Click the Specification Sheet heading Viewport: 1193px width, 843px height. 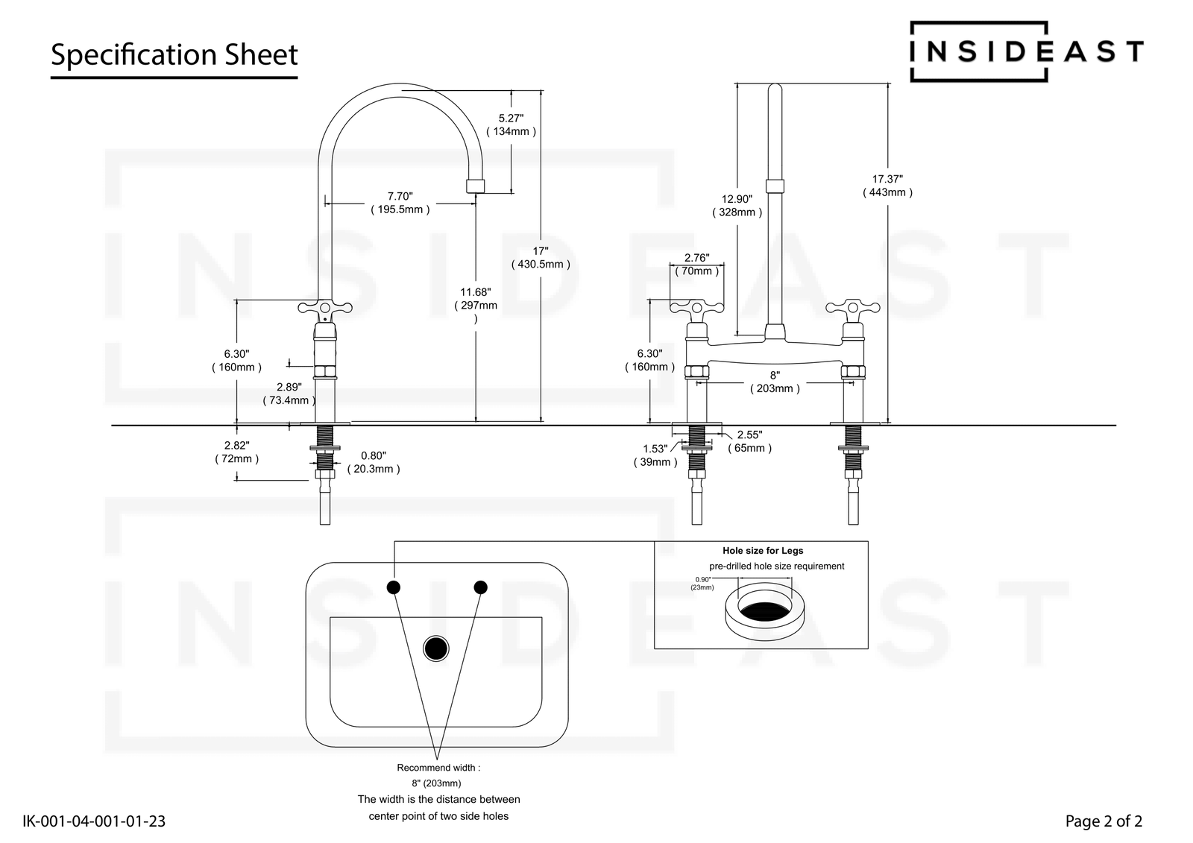174,55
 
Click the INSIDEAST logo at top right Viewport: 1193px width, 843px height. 1027,51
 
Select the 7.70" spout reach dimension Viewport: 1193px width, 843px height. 400,203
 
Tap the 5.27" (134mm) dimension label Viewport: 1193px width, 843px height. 511,124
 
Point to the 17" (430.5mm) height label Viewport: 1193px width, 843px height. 541,258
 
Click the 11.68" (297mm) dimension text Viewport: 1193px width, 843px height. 476,306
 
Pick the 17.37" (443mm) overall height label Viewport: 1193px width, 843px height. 887,186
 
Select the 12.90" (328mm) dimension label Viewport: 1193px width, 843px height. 737,206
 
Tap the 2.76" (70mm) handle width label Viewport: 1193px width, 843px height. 696,265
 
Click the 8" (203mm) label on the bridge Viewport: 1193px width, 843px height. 775,382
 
